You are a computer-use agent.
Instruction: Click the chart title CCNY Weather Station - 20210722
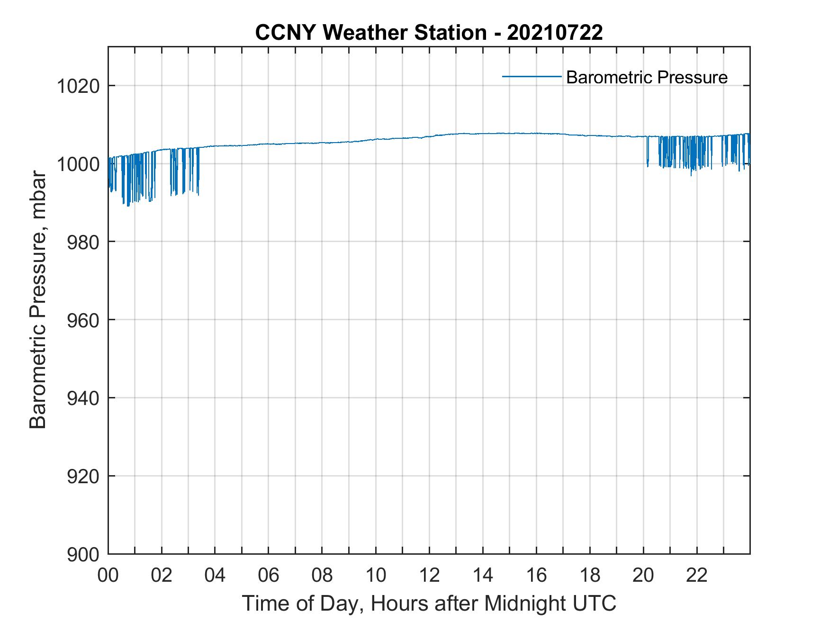point(429,33)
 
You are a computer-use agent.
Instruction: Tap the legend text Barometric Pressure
point(647,77)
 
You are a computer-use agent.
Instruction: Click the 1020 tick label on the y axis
point(78,86)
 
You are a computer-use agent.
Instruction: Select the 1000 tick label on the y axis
point(78,164)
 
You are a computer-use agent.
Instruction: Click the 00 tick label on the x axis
point(108,576)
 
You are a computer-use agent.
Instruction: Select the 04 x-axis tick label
point(215,576)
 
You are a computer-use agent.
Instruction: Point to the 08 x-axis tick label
point(322,576)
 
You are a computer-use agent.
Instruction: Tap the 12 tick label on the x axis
point(429,576)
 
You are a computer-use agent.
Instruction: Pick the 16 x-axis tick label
point(536,576)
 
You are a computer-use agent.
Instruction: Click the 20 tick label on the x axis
point(643,576)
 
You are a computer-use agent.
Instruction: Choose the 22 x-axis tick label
point(697,576)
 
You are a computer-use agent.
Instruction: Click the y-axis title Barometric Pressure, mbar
point(38,300)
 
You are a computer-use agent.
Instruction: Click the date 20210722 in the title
point(555,33)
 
